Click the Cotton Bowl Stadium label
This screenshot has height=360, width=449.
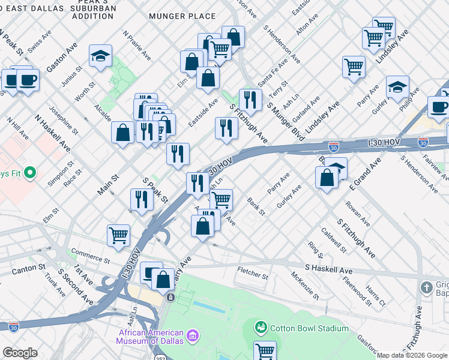pos(309,328)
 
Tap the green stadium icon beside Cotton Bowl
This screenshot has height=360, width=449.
pos(261,328)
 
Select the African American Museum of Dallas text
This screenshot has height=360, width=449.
pos(151,337)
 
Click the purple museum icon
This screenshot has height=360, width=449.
pos(193,335)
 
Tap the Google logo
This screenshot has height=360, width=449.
pos(20,353)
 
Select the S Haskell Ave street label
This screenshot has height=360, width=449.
pos(328,271)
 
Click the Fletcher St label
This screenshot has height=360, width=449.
pos(253,275)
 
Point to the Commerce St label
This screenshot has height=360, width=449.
pos(90,256)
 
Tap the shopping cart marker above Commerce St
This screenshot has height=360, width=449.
pos(119,235)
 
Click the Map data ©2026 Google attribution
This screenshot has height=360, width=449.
pos(412,355)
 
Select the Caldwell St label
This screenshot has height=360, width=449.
pos(333,239)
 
